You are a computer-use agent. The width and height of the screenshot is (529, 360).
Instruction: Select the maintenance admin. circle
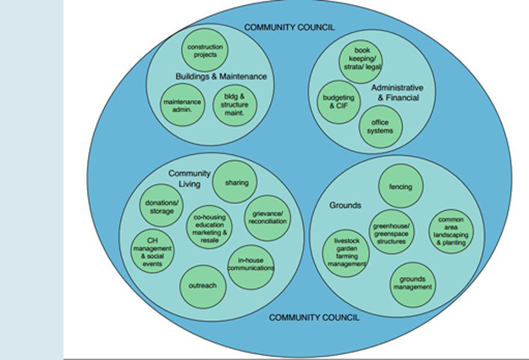183,107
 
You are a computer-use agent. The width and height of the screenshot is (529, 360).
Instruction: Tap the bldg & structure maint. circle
234,106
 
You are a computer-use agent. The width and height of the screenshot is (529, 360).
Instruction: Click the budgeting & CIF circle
339,102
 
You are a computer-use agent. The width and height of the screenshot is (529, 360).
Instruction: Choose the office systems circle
380,127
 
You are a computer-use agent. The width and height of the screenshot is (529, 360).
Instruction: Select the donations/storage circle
163,206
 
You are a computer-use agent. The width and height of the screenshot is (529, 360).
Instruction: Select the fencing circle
400,186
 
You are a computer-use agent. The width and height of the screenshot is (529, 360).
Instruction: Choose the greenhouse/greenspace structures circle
391,232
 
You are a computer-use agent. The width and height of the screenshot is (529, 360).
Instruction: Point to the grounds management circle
412,282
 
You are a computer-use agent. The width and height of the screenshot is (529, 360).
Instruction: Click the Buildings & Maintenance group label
221,76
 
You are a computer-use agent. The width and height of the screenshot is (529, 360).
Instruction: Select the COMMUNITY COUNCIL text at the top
289,28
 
